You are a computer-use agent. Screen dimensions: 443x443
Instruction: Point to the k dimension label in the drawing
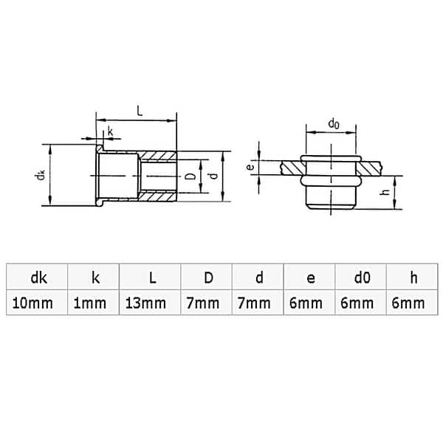pyautogui.click(x=111, y=131)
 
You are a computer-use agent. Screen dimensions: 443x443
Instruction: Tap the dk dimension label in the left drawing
pyautogui.click(x=42, y=175)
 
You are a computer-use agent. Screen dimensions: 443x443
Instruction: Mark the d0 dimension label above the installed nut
pyautogui.click(x=334, y=124)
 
